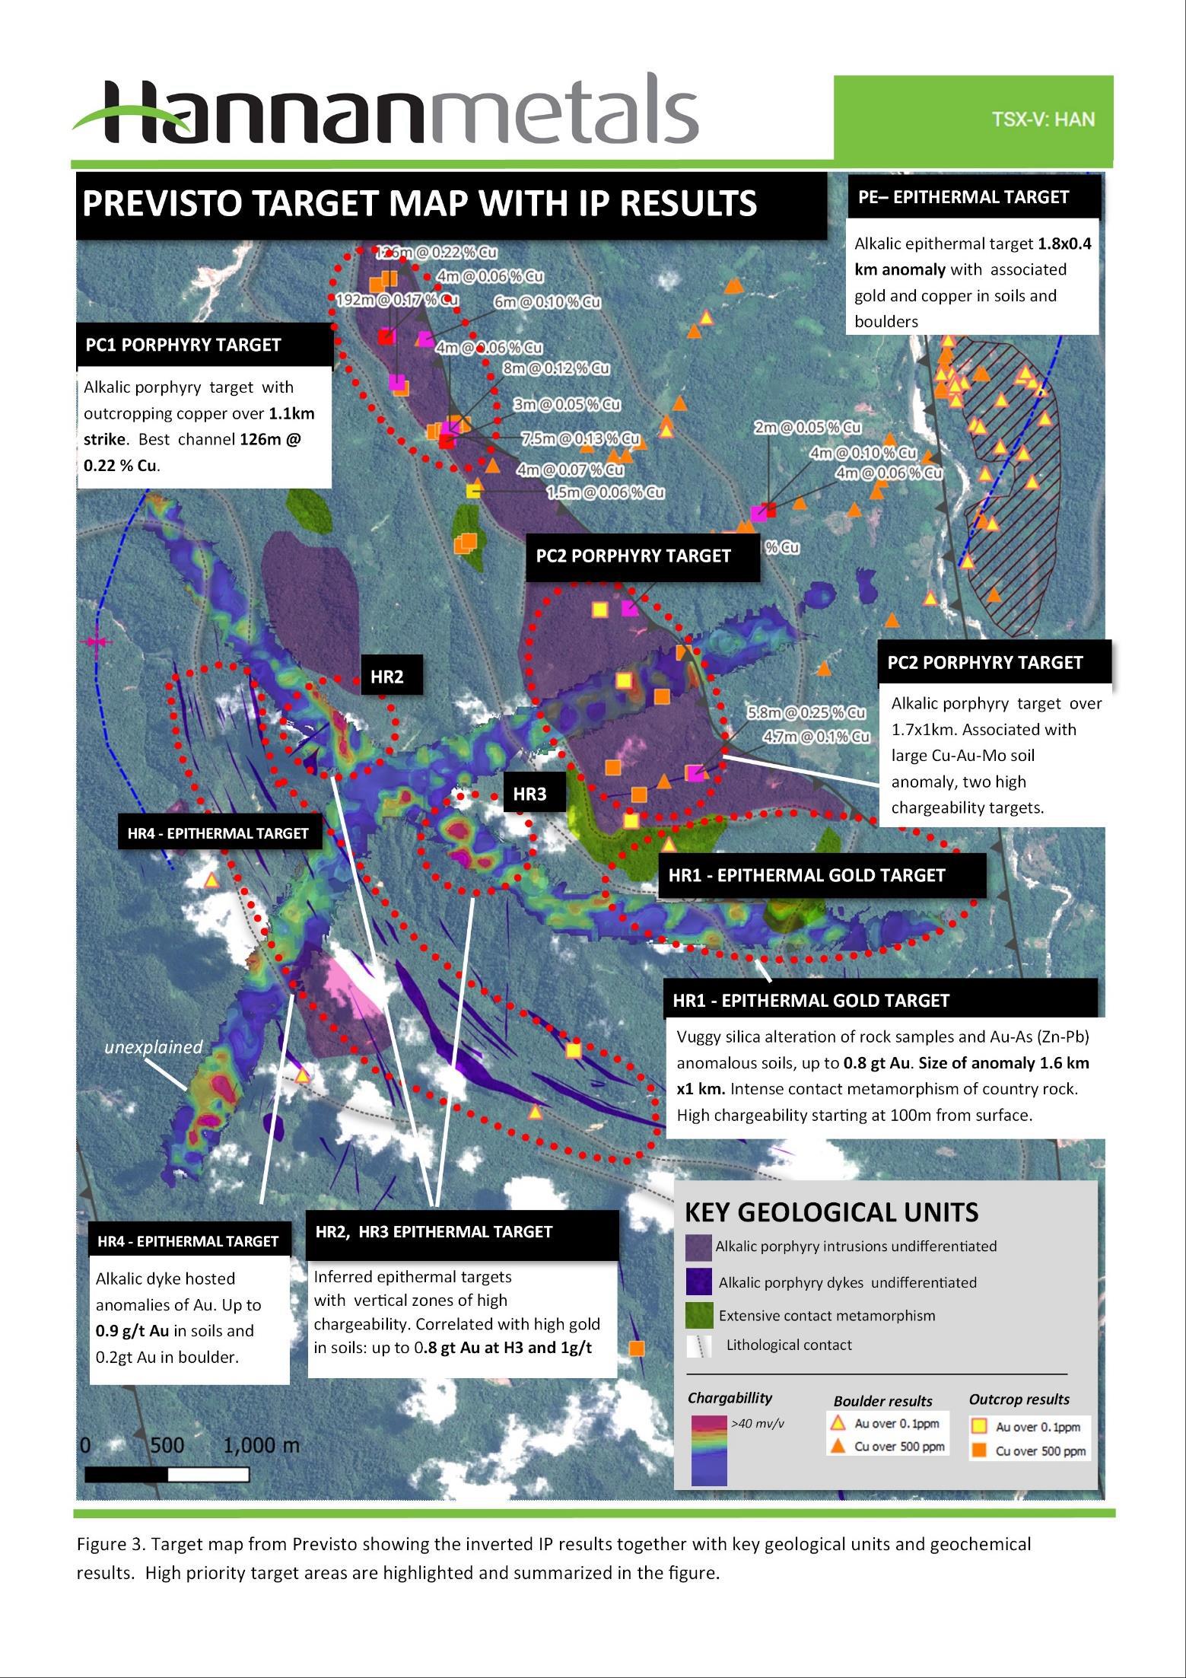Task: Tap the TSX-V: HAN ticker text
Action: [x=1043, y=119]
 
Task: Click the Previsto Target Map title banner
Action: [x=420, y=204]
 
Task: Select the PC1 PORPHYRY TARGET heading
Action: [x=183, y=345]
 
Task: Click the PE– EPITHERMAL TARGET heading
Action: [x=963, y=197]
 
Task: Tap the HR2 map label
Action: [x=386, y=676]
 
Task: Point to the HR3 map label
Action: [x=529, y=794]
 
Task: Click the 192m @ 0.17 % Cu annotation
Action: [x=397, y=300]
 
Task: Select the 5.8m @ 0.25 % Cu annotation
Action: [x=806, y=713]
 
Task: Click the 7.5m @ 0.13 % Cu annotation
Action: [x=580, y=438]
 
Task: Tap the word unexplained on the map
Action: [x=154, y=1046]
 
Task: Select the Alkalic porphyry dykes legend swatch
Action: [x=698, y=1282]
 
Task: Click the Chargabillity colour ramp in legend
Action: [x=709, y=1450]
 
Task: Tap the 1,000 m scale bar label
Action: [x=261, y=1445]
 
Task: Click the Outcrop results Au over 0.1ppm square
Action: [x=981, y=1426]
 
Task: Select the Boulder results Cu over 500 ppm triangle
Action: [x=838, y=1446]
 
